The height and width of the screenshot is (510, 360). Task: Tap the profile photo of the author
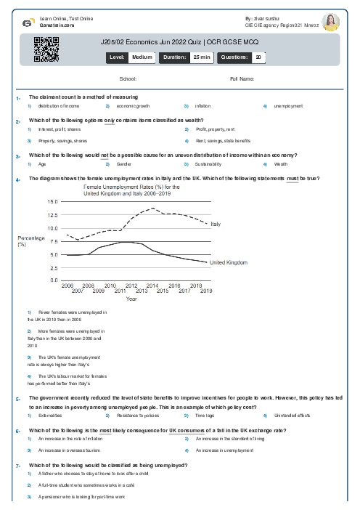pyautogui.click(x=330, y=22)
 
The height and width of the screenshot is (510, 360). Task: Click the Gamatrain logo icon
pyautogui.click(x=28, y=23)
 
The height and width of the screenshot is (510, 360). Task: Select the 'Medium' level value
pyautogui.click(x=142, y=56)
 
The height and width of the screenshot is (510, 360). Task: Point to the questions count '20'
pyautogui.click(x=259, y=56)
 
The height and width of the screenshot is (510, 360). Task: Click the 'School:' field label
pyautogui.click(x=128, y=78)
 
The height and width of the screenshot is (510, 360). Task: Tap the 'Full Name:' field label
pyautogui.click(x=242, y=78)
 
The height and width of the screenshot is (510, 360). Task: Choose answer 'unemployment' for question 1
pyautogui.click(x=288, y=106)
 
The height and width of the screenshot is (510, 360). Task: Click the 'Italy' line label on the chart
pyautogui.click(x=216, y=224)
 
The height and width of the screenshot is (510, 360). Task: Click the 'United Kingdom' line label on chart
pyautogui.click(x=229, y=262)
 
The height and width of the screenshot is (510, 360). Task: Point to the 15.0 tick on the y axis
pyautogui.click(x=52, y=201)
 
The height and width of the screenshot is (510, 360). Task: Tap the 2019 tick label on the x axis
pyautogui.click(x=205, y=291)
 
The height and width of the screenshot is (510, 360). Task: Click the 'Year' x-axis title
pyautogui.click(x=131, y=299)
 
